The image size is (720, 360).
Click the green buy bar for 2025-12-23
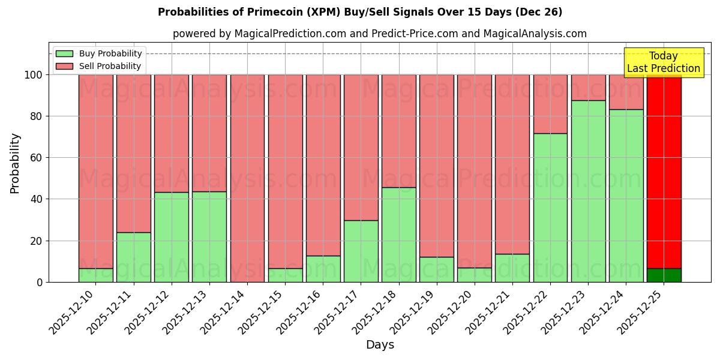click(588, 191)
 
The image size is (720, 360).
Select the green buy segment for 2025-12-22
click(550, 208)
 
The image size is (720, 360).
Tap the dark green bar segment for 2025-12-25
click(664, 275)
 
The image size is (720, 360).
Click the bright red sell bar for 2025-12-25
click(664, 171)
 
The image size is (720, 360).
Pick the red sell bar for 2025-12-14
click(247, 178)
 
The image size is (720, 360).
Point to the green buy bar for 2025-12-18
click(398, 235)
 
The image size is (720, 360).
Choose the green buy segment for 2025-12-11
click(133, 257)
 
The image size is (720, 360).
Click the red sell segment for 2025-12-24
click(626, 92)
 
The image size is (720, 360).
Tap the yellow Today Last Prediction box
click(664, 62)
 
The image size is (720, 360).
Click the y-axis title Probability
click(15, 163)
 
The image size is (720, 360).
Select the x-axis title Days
click(380, 345)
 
